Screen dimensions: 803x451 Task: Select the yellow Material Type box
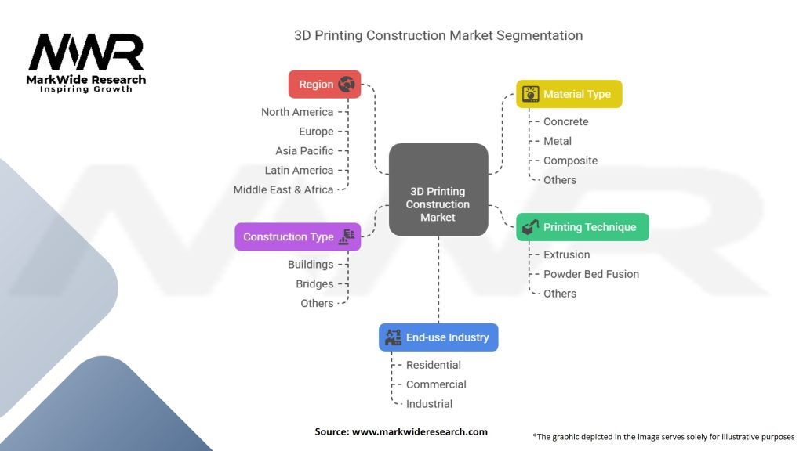tap(569, 94)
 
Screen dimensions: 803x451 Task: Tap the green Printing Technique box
tap(582, 227)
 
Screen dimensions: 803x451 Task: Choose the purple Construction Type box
tap(297, 236)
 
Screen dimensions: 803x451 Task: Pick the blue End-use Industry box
tap(438, 337)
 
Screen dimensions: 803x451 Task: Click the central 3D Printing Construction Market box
tap(438, 204)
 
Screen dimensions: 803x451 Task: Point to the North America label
tap(297, 112)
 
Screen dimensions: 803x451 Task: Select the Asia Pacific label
tap(304, 150)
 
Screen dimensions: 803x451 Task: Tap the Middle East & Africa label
tap(283, 189)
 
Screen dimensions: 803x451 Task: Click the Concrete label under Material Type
tap(565, 121)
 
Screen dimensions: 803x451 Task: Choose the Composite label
tap(570, 161)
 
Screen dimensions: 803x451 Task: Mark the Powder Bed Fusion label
tap(590, 274)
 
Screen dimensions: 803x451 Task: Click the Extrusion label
tap(566, 254)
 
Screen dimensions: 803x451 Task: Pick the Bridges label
tap(314, 284)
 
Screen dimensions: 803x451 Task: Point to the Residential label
tap(433, 365)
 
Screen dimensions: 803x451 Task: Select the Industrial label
tap(429, 404)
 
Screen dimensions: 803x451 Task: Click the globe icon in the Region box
tap(347, 85)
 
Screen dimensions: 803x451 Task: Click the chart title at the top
tap(438, 35)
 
